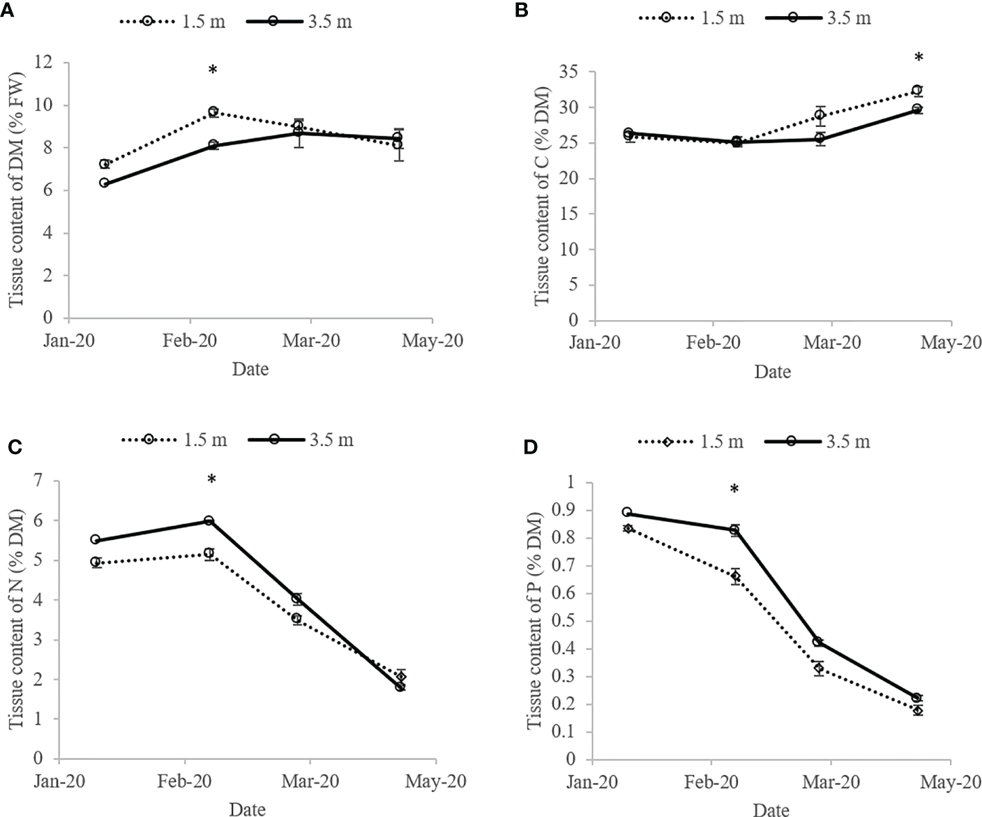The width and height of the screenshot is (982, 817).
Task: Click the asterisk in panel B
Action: pos(919,59)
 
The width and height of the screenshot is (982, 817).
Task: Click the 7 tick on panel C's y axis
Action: pos(38,480)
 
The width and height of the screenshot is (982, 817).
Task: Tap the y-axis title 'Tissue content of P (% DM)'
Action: pos(535,620)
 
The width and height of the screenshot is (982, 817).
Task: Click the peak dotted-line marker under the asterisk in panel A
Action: pos(213,112)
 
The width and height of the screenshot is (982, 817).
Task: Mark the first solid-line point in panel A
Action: pos(104,183)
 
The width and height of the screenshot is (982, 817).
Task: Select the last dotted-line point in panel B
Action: pos(917,90)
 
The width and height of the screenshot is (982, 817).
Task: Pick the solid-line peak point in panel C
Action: pos(209,520)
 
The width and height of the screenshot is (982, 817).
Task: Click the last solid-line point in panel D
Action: pos(917,698)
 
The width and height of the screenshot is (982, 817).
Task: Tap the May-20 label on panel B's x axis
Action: pos(951,343)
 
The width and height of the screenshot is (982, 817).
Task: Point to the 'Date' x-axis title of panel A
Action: pos(250,368)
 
